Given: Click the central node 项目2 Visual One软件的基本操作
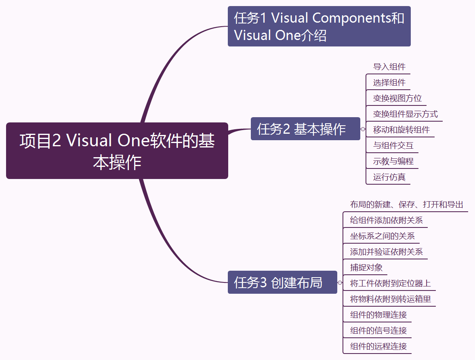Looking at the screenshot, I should [117, 151].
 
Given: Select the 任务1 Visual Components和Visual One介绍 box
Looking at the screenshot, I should [319, 26].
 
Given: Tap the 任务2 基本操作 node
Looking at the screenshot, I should [305, 129].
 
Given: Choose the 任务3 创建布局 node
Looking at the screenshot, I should [282, 282].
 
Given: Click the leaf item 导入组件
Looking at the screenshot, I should [389, 67].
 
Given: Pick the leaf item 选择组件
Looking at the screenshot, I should [389, 82].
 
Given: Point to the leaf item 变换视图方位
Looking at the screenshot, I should [397, 98].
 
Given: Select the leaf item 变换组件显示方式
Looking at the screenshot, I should [405, 114].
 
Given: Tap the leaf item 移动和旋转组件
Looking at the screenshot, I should [401, 130].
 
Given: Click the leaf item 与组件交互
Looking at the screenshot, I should [393, 145].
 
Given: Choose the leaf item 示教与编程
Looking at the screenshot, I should [393, 161].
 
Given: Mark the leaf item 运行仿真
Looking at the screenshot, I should [389, 177].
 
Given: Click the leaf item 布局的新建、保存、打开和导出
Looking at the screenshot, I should [406, 204].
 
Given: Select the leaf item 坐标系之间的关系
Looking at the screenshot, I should [382, 236].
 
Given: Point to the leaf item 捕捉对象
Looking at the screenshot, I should [366, 267].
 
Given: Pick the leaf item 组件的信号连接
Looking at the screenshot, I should [378, 331].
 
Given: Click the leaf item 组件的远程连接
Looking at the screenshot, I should [378, 346].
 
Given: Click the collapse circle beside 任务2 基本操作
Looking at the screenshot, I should [363, 129].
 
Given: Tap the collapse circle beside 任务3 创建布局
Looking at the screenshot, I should [340, 282].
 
